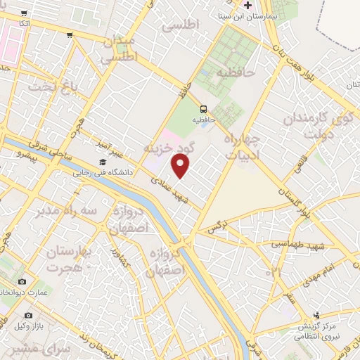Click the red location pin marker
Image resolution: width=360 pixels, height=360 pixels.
[181, 167]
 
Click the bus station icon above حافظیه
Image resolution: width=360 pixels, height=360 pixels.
[203, 109]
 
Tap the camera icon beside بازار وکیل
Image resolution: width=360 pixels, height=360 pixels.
[28, 316]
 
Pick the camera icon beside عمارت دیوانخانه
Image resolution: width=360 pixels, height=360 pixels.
[22, 282]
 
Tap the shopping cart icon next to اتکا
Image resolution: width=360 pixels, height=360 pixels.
[25, 13]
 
